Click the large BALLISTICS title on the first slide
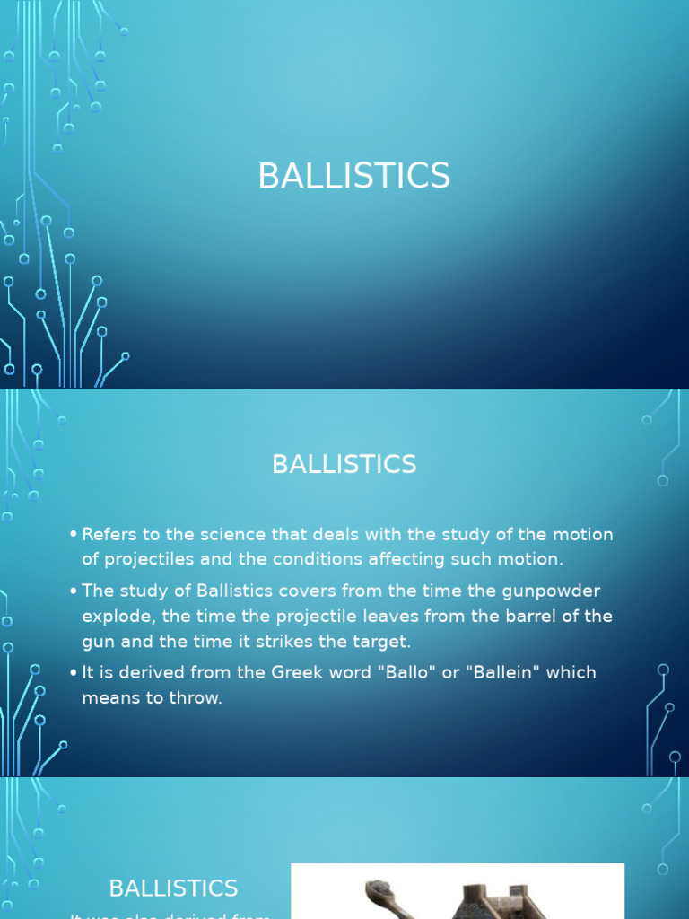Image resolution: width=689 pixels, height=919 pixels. coord(353,176)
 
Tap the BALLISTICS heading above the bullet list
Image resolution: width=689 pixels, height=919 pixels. coord(344,464)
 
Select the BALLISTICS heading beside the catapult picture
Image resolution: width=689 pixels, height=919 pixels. coord(173,888)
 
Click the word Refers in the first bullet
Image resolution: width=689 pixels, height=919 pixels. coord(109,535)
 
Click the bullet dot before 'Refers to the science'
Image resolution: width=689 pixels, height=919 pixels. coord(73,536)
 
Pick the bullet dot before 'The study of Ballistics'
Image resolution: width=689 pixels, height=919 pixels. coord(73,591)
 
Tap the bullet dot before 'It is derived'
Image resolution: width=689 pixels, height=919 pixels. coord(73,673)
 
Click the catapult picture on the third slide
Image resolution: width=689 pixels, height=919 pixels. coord(458,892)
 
